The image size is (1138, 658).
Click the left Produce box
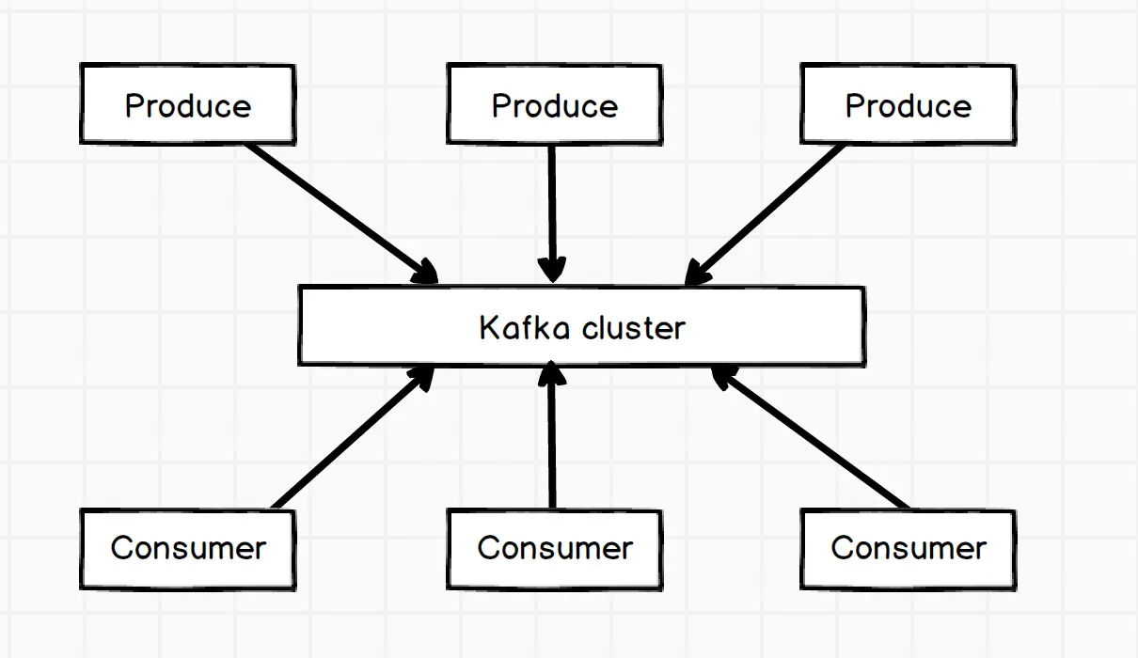coord(187,104)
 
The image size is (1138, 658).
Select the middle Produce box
coord(554,104)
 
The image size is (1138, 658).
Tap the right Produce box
coord(908,104)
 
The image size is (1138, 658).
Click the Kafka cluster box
coord(581,326)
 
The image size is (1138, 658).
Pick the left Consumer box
coord(187,549)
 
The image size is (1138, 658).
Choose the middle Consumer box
coord(554,549)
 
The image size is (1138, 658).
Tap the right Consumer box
coord(908,549)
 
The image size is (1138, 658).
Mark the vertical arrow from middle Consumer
coord(552,442)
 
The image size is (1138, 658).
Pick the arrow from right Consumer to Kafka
coord(814,440)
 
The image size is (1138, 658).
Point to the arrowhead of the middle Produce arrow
coord(552,270)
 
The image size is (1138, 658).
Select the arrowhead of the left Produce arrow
coord(426,273)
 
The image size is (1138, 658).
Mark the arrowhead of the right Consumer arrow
coord(723,377)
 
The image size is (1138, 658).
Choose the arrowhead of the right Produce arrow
coord(695,275)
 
